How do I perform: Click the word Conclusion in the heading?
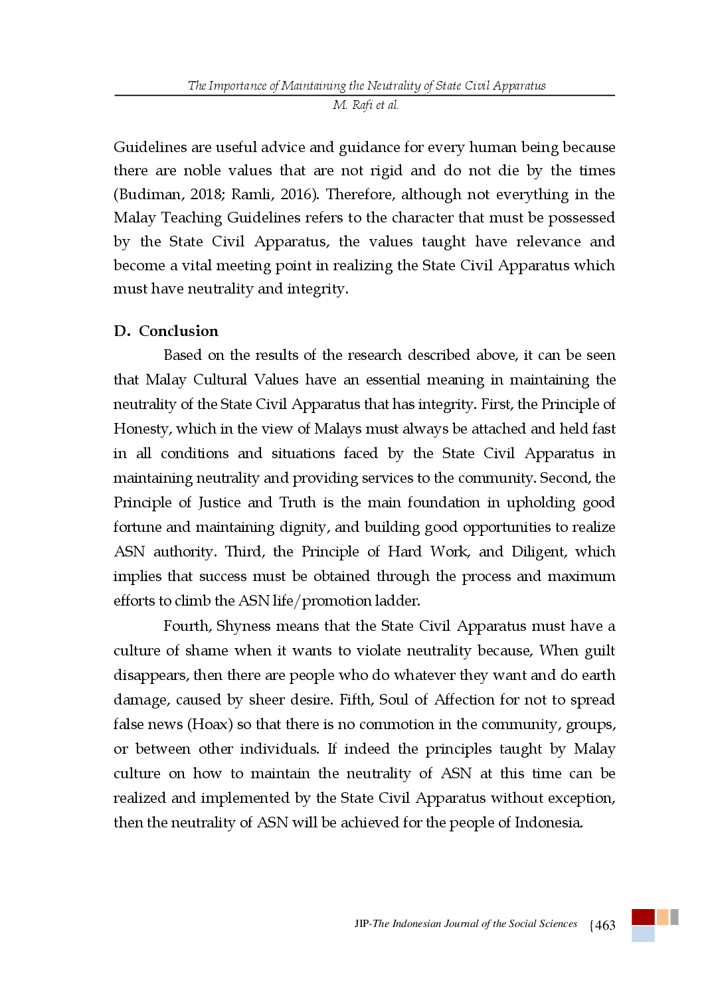(178, 331)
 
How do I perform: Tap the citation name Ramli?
(251, 195)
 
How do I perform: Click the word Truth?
(298, 503)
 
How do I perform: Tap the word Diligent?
(539, 552)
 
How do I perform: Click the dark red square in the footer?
(642, 917)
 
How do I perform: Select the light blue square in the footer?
(642, 935)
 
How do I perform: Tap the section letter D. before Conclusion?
(122, 331)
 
